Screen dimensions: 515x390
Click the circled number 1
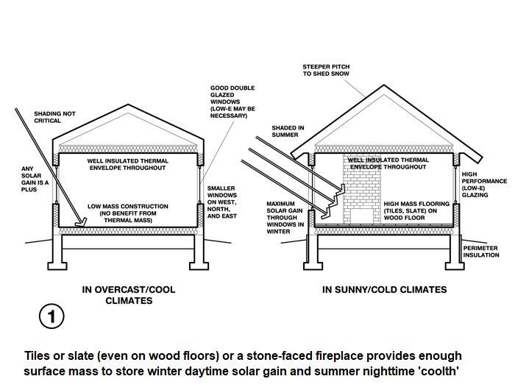tap(51, 316)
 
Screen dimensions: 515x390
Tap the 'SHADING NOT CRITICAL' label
tap(54, 117)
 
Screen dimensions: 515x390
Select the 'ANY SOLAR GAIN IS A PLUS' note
tap(35, 179)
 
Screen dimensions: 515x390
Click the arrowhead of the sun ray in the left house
tap(81, 223)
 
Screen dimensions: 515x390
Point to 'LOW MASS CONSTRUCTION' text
tap(128, 206)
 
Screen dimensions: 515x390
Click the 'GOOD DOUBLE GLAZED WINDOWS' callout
tap(232, 102)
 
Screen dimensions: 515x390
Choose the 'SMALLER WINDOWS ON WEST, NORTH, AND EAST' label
tap(221, 202)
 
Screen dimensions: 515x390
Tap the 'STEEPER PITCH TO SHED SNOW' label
tap(326, 71)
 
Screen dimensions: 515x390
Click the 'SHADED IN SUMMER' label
tap(288, 132)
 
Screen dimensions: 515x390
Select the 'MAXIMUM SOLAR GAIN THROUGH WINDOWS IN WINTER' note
tap(285, 218)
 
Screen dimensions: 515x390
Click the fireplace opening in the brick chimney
tap(362, 217)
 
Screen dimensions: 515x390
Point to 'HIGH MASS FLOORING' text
tap(416, 204)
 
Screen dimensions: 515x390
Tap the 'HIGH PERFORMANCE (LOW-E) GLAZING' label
tap(484, 185)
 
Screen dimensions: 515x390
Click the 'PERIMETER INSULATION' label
tap(481, 252)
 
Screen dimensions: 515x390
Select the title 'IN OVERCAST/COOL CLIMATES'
tap(129, 295)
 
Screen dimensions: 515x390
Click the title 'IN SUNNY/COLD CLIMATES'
tap(385, 289)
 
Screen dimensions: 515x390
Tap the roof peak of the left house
tap(128, 104)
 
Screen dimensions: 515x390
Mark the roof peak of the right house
tap(383, 85)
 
